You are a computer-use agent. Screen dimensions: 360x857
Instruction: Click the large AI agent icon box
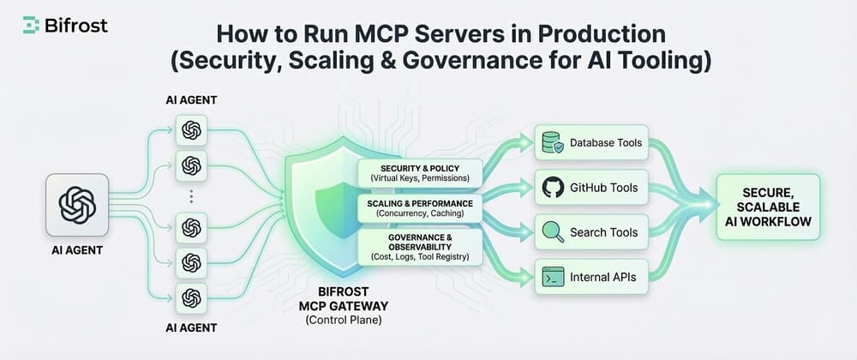coord(77,206)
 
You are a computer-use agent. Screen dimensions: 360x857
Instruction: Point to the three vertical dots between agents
coord(191,196)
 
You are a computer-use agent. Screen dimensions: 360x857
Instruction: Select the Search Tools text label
coord(603,232)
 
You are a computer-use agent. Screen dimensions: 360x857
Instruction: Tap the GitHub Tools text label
coord(603,188)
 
